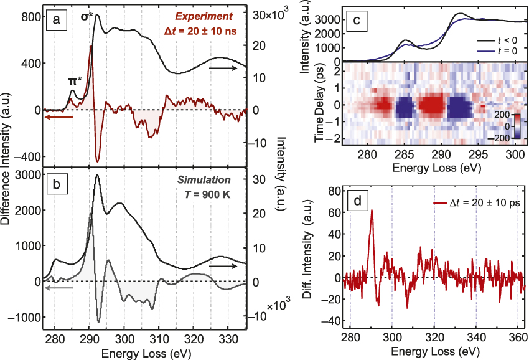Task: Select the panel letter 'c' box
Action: [x=357, y=21]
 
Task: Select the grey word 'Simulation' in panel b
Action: [x=210, y=178]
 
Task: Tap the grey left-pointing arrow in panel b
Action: [x=58, y=288]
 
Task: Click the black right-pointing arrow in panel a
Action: [x=223, y=66]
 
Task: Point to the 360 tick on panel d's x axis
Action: [x=518, y=338]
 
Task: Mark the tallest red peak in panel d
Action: [x=372, y=211]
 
